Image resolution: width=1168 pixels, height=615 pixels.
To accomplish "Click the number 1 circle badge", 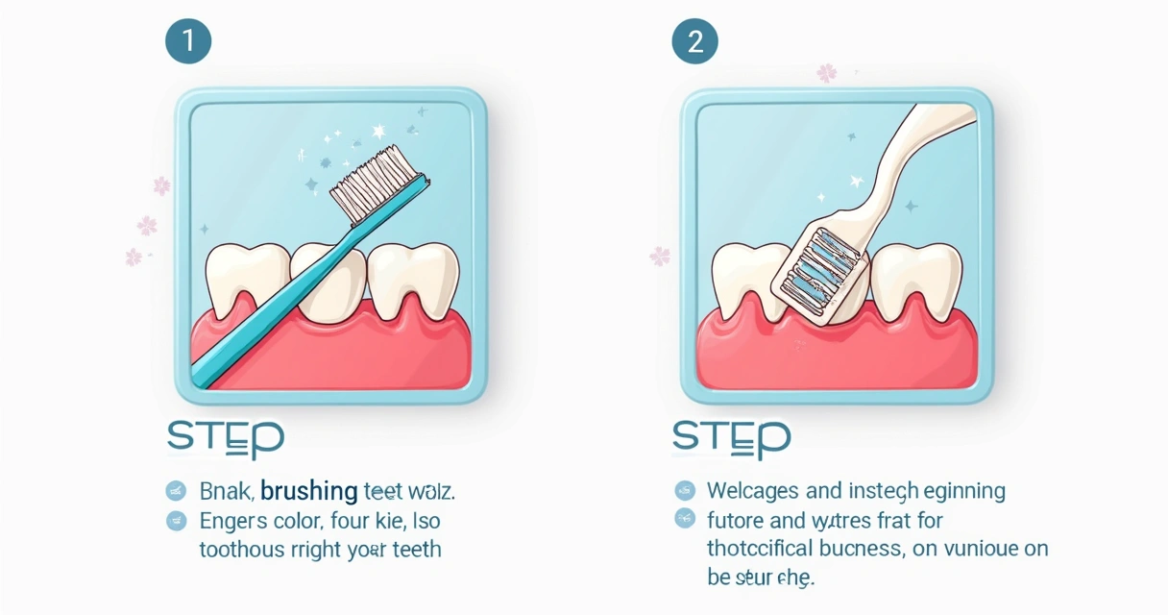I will pyautogui.click(x=188, y=41).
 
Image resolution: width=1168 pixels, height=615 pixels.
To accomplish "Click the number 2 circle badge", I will pyautogui.click(x=694, y=41).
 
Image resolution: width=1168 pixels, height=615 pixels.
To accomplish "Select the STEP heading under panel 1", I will pyautogui.click(x=226, y=438).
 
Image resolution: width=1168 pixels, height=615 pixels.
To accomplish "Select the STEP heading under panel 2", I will pyautogui.click(x=731, y=438).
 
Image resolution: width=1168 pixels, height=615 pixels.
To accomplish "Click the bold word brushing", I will pyautogui.click(x=308, y=491).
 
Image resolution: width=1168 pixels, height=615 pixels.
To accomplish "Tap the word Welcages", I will pyautogui.click(x=753, y=491).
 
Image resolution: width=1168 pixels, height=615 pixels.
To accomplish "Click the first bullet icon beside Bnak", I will pyautogui.click(x=176, y=491).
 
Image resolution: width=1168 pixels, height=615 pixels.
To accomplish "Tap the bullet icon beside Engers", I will pyautogui.click(x=176, y=521).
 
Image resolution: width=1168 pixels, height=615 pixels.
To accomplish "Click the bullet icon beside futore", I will pyautogui.click(x=684, y=520).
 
